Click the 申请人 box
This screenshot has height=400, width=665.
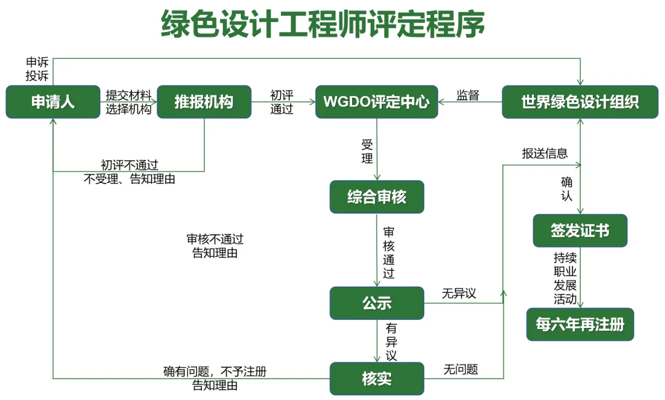coord(53,102)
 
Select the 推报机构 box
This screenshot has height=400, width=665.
coord(204,102)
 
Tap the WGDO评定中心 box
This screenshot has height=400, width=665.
coord(376,102)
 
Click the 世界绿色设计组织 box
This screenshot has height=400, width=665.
coord(579,102)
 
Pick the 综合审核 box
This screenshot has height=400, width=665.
coord(376,197)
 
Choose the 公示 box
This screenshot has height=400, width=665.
coord(376,303)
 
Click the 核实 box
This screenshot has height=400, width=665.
coord(376,378)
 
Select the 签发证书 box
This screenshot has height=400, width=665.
coord(579,230)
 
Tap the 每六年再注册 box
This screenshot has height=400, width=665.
coord(579,324)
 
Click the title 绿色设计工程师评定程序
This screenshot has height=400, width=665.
coord(323,25)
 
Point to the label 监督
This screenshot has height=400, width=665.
coord(468,95)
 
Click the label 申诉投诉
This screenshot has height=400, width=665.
coord(37,69)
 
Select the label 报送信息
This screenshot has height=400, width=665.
coord(545,154)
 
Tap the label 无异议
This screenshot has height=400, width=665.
coord(459,294)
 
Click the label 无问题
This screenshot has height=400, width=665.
coord(461,369)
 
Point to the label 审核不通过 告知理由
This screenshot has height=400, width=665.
coord(215,246)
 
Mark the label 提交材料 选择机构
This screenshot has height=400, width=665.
coord(128,102)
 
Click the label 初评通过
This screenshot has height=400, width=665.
coord(282,102)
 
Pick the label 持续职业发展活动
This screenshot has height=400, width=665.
coord(565,279)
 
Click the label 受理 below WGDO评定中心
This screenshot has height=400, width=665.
coord(367,151)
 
